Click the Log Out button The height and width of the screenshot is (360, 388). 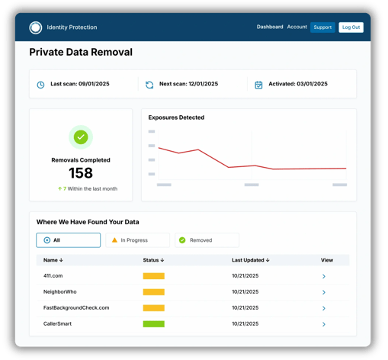351,27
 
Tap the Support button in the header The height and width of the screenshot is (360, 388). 322,27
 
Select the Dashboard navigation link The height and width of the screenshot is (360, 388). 270,27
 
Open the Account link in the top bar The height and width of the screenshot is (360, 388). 297,27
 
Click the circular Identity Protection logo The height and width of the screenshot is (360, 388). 36,28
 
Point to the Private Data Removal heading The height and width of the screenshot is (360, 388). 81,53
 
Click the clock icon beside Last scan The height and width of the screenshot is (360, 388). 41,85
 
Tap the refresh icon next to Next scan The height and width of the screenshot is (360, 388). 149,85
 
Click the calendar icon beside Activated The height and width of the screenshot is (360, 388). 258,85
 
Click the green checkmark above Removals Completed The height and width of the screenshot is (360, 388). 81,137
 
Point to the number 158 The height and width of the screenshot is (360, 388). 81,173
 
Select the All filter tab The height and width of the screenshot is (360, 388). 68,240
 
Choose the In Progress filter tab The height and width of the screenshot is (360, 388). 137,240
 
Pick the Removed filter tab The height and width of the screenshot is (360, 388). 207,240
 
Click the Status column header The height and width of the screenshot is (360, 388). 153,260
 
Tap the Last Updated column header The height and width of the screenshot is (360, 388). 250,260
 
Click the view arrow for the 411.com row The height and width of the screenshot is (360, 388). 324,276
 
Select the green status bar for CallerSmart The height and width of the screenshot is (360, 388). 153,324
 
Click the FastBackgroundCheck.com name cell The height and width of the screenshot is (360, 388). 76,308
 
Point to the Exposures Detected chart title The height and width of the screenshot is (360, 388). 176,117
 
